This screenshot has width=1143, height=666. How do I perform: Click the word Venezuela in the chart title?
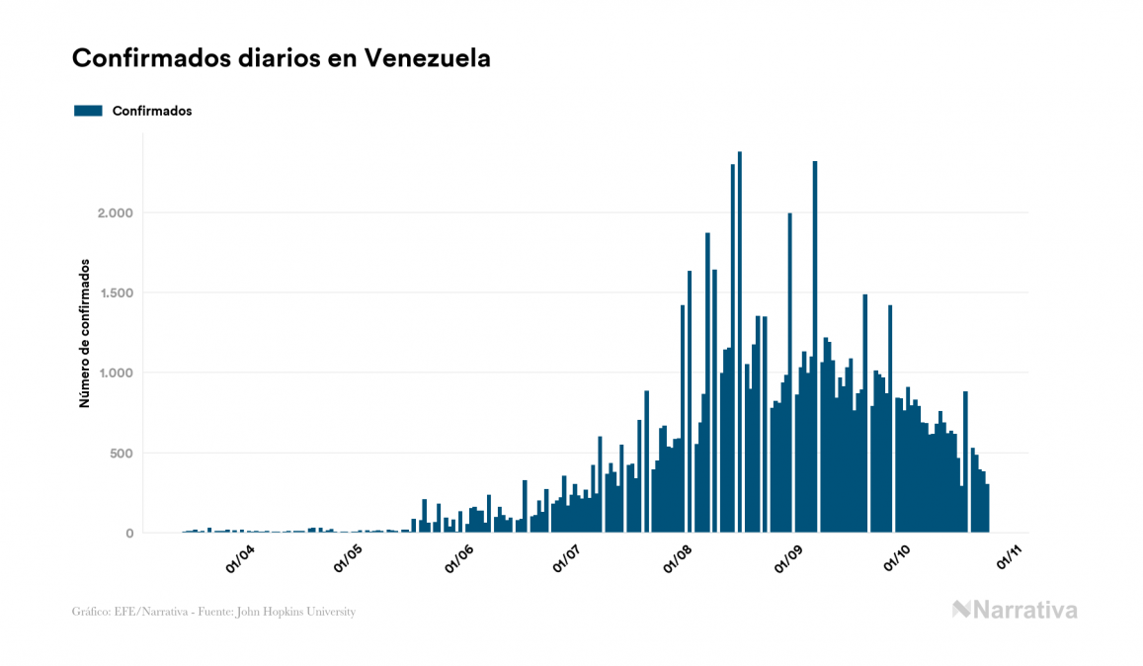tap(427, 58)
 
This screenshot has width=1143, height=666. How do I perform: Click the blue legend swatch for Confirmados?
tap(88, 111)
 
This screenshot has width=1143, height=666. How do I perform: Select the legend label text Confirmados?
tap(152, 111)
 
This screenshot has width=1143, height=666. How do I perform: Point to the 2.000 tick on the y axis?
tap(115, 212)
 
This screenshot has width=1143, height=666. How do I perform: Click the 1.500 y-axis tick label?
tap(115, 292)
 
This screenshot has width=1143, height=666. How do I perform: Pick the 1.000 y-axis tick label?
tap(115, 373)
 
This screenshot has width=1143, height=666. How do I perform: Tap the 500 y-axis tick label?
tap(121, 454)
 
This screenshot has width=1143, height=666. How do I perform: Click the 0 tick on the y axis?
tap(129, 534)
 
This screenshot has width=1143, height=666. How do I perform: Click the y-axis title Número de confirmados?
tap(85, 334)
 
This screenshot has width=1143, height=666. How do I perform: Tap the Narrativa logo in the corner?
tap(1015, 610)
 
